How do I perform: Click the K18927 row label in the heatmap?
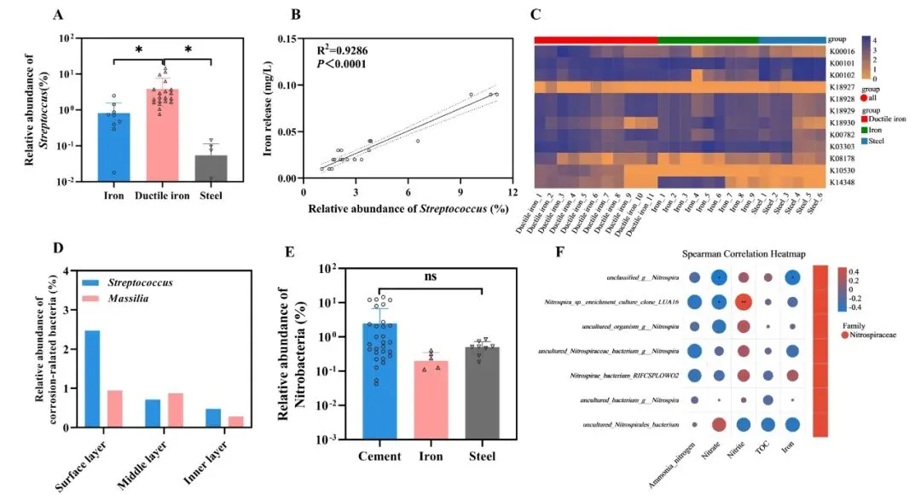tap(842, 87)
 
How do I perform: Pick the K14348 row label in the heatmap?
tap(842, 183)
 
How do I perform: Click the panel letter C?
tap(535, 14)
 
